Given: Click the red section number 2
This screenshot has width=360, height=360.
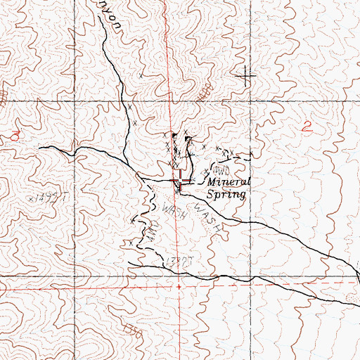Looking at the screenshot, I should (x=307, y=127).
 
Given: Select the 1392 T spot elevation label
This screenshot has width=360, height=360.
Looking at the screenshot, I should (x=177, y=260).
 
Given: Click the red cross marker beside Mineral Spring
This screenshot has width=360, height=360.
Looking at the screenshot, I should (x=181, y=182).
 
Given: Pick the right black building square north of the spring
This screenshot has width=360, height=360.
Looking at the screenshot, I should (x=188, y=139).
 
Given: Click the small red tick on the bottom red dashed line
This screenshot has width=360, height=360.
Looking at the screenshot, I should (x=179, y=287).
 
